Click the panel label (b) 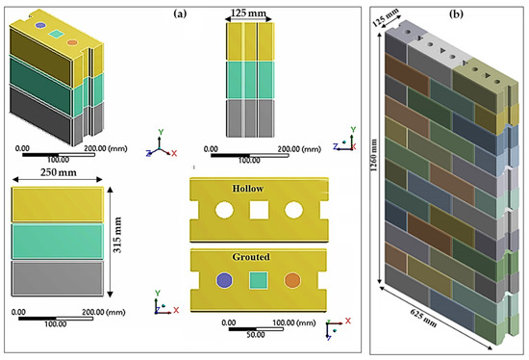coord(509,13)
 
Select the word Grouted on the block coord(258,258)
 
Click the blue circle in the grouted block coord(223,280)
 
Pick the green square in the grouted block coord(258,280)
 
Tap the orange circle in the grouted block coord(292,280)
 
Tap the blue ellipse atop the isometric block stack coord(26,27)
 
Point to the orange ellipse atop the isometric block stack coord(72,41)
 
